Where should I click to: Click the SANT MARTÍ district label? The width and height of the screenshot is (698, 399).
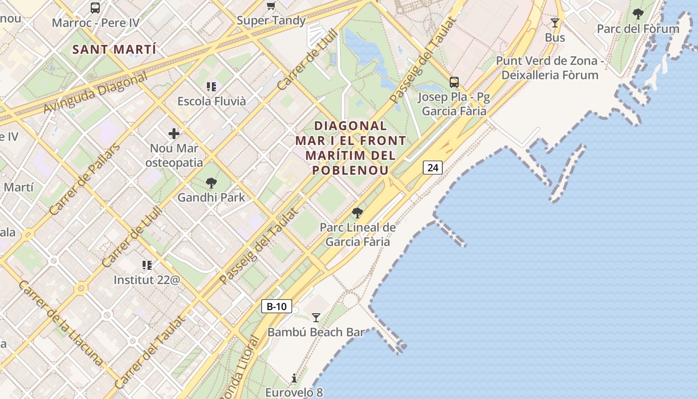[114, 50]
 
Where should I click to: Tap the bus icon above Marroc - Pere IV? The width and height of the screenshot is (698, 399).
[95, 8]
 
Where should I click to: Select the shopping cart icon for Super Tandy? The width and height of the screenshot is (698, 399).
[271, 6]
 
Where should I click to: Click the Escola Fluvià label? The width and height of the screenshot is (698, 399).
[211, 101]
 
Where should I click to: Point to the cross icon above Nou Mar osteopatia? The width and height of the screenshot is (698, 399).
[174, 134]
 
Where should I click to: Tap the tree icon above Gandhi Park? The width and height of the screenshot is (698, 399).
[211, 183]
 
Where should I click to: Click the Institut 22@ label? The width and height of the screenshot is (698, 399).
[147, 280]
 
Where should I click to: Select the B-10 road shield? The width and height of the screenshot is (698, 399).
[276, 306]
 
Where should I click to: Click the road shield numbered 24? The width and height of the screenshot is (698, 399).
[433, 168]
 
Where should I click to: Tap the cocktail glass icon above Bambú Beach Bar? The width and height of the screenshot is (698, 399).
[316, 317]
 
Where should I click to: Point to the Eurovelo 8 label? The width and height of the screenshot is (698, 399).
[294, 393]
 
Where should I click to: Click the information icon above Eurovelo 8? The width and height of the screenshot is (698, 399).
[294, 378]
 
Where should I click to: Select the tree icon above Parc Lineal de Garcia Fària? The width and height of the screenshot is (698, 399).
[357, 213]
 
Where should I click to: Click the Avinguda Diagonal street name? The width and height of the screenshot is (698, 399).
[96, 93]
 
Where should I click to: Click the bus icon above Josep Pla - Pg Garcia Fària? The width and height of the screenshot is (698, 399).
[454, 82]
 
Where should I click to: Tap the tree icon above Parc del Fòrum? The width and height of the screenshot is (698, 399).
[638, 14]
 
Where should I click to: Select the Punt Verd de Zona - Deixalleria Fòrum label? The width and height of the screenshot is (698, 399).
[549, 68]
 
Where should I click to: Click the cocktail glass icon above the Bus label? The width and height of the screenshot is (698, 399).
[554, 23]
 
